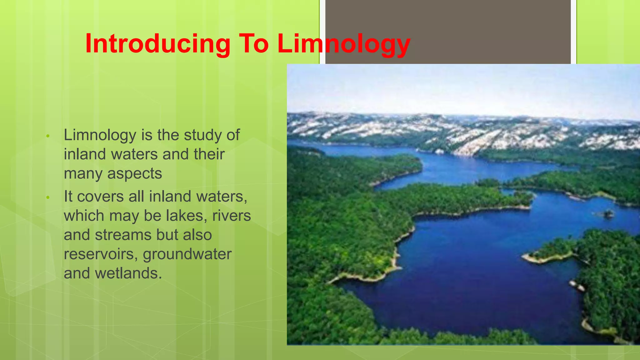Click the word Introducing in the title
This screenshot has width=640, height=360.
pyautogui.click(x=158, y=44)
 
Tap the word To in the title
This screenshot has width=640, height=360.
pyautogui.click(x=253, y=44)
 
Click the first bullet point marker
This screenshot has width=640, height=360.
pyautogui.click(x=48, y=136)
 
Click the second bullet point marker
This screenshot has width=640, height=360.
pyautogui.click(x=48, y=197)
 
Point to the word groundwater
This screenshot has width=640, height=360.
pyautogui.click(x=187, y=254)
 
